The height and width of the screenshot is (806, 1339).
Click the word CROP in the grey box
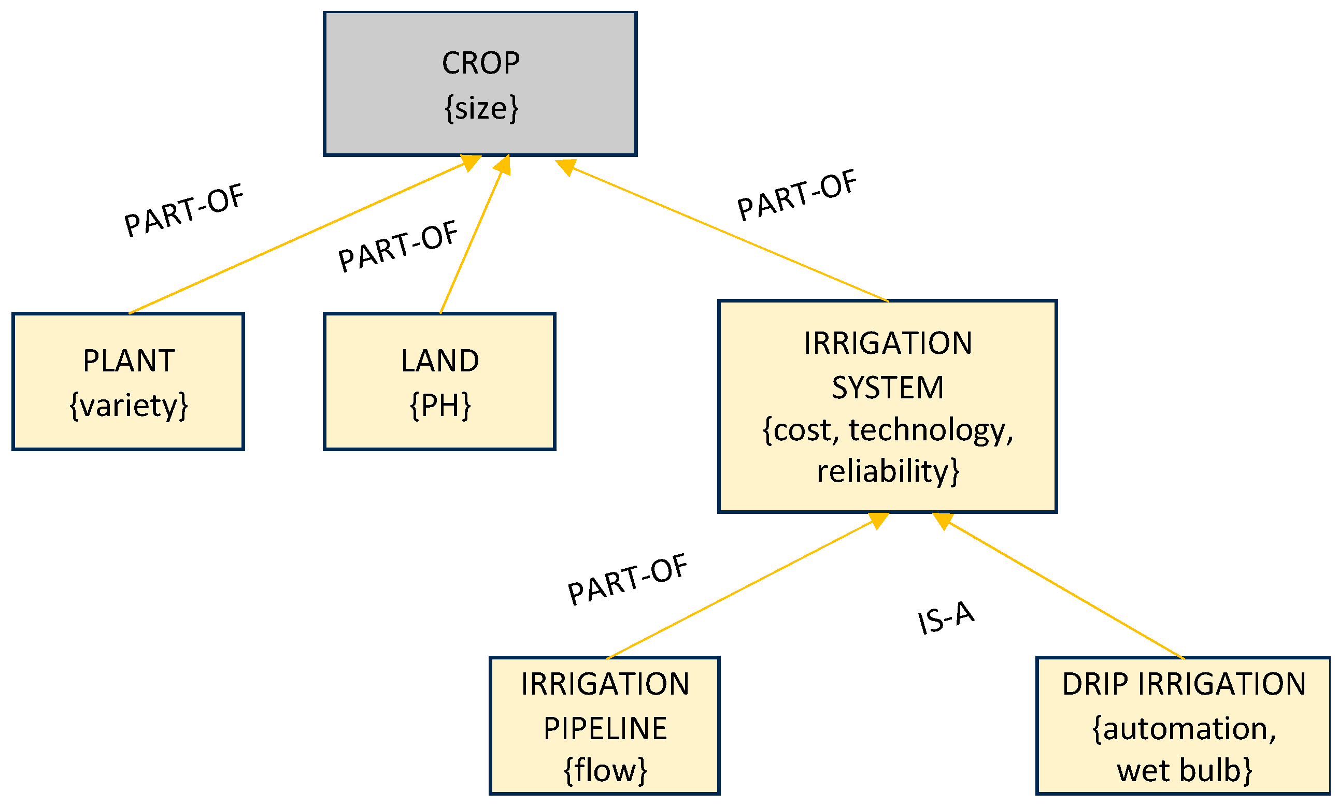[x=480, y=63]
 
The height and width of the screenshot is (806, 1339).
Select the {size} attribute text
[x=481, y=108]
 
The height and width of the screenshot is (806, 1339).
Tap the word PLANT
[x=129, y=361]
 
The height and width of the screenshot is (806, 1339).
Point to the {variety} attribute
[x=129, y=406]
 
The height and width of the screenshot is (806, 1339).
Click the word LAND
[x=439, y=361]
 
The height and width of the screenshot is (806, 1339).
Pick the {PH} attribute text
[x=439, y=406]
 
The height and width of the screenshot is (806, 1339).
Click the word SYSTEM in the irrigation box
[x=887, y=388]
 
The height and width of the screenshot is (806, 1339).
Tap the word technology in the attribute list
[x=930, y=430]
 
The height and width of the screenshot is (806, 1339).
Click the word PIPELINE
[x=605, y=729]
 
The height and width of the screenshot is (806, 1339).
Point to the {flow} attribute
[x=605, y=770]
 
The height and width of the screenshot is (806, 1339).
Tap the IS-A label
[x=945, y=617]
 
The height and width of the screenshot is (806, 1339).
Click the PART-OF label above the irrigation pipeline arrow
[x=627, y=580]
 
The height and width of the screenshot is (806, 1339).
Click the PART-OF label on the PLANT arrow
[x=183, y=210]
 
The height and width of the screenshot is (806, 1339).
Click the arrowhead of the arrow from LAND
[x=503, y=165]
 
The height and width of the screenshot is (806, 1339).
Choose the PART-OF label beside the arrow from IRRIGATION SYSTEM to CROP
[x=796, y=195]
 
